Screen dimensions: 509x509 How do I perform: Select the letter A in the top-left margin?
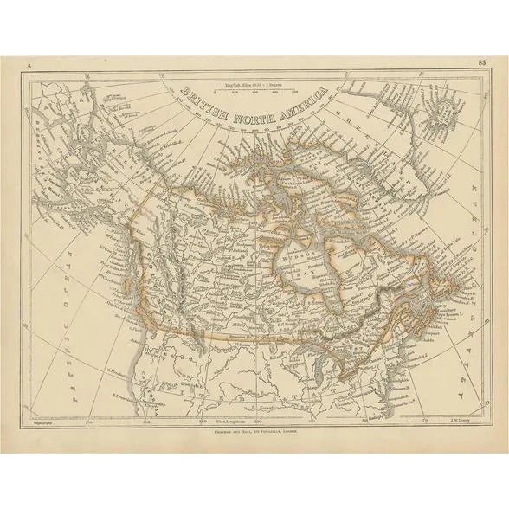click(x=28, y=63)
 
